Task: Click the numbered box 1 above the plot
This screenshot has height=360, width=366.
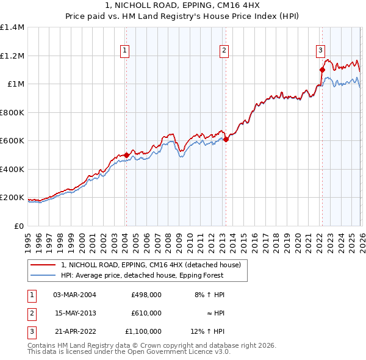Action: pos(124,51)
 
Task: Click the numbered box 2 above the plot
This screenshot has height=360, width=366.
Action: pos(224,51)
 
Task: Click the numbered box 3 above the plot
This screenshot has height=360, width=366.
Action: pos(320,51)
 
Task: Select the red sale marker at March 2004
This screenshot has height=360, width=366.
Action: pos(126,155)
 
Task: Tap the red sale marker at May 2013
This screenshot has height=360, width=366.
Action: pos(226,140)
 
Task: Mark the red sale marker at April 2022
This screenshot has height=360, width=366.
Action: pos(322,70)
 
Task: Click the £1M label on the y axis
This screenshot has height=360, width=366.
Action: pos(15,84)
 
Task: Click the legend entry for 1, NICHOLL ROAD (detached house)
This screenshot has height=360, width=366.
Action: pos(151,265)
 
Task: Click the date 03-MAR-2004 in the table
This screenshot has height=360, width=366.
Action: pos(74,295)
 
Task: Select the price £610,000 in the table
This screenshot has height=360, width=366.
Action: pos(146,313)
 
